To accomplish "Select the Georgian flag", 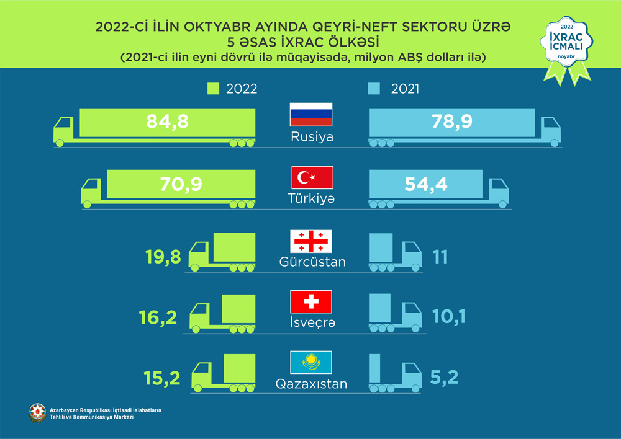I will (x=312, y=241).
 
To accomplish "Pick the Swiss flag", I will (x=312, y=302).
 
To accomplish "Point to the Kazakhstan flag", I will (x=312, y=362).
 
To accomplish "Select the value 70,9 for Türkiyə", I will (x=179, y=184).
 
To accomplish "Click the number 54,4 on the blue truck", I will (x=427, y=184).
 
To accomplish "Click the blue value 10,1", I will (x=449, y=317).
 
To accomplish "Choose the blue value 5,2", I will (x=443, y=377).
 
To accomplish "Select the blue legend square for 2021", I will (x=373, y=89).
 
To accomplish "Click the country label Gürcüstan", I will (x=312, y=262).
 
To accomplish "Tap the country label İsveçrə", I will (x=312, y=323).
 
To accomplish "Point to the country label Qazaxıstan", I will (x=312, y=384).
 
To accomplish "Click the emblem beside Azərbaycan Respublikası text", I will (x=37, y=412).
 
